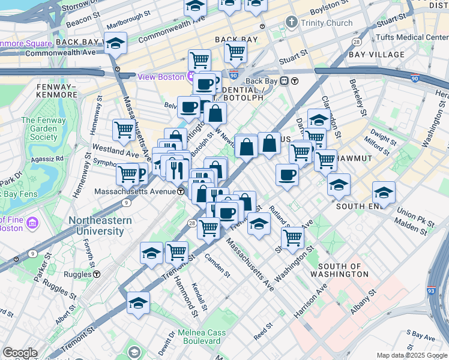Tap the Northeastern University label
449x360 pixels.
click(x=100, y=226)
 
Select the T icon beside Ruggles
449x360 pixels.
click(x=97, y=274)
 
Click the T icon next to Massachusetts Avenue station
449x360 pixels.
click(x=181, y=191)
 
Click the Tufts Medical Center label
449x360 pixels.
click(x=411, y=37)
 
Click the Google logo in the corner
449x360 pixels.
click(x=20, y=353)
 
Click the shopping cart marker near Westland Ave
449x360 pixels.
click(x=124, y=130)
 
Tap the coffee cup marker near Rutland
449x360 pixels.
click(x=287, y=175)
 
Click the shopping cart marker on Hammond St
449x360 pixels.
click(x=176, y=251)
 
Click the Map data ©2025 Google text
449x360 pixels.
click(x=412, y=355)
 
